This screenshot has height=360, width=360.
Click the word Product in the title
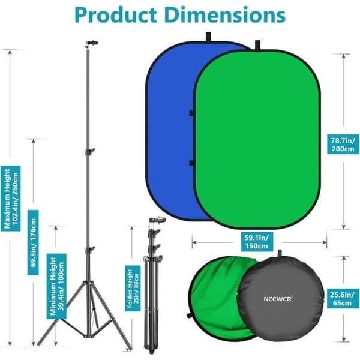(115, 14)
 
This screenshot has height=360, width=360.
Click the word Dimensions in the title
(225, 14)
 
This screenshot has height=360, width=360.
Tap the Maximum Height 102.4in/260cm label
(10, 199)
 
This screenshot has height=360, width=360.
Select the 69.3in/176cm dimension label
(33, 242)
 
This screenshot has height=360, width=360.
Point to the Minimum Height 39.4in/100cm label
(56, 286)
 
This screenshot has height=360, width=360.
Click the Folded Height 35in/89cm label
(133, 289)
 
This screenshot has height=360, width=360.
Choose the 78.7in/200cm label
(343, 145)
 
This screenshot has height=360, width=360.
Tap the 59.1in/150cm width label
(257, 242)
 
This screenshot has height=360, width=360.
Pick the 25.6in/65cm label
(342, 299)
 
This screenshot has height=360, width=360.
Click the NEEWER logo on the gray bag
(278, 299)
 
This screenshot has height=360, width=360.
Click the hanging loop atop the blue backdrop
(208, 37)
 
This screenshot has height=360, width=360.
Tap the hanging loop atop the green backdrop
(257, 45)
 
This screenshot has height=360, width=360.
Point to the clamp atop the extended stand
(92, 44)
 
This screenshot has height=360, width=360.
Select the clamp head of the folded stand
(158, 220)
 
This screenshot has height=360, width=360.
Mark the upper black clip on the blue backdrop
(191, 113)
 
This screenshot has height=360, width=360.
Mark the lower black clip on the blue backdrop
(191, 163)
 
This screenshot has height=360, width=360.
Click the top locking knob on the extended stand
(91, 152)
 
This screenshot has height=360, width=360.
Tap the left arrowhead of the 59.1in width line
(194, 242)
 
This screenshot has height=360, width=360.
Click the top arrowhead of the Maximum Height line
(10, 52)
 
